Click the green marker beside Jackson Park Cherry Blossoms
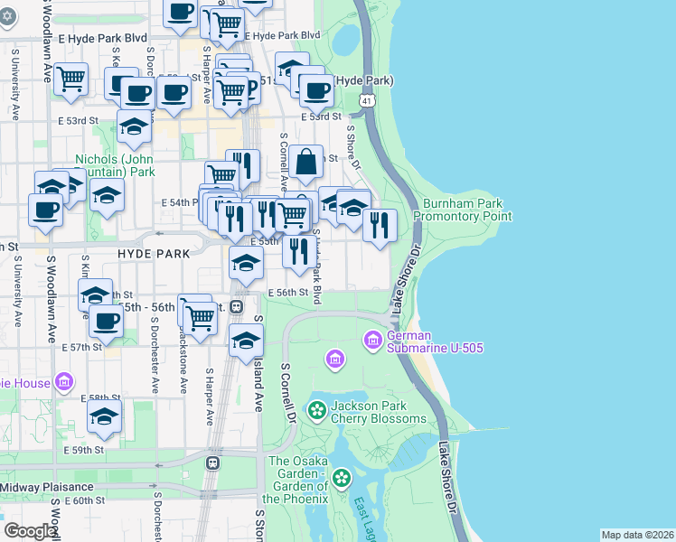pos(317,412)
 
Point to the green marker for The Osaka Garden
pos(341,478)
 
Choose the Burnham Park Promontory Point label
pos(463,210)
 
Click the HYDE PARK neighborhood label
pos(154,254)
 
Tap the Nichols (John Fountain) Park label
pos(116,164)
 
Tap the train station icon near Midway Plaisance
pos(212,463)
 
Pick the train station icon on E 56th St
pos(238,306)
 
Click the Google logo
pos(30,531)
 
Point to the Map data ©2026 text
pos(637,535)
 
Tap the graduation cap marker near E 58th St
pos(105,416)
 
